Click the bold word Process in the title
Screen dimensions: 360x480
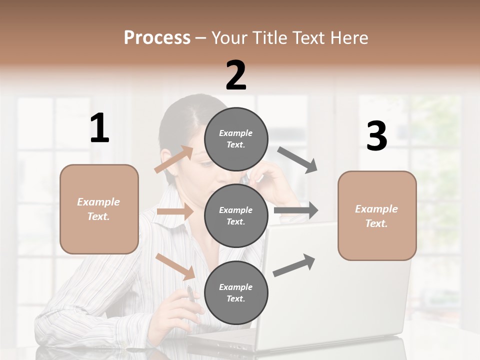[157, 38]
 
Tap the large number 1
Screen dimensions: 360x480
[99, 128]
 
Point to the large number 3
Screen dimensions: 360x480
[376, 136]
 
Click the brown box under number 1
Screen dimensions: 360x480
[99, 209]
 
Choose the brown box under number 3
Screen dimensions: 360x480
[377, 215]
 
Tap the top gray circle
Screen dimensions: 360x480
[236, 139]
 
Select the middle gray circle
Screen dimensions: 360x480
[236, 215]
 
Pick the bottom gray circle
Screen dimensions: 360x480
[236, 292]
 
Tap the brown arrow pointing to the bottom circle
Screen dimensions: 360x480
[175, 266]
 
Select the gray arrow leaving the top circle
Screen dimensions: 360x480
[297, 160]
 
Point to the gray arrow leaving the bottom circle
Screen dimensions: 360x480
[294, 265]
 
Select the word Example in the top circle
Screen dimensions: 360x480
[235, 133]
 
